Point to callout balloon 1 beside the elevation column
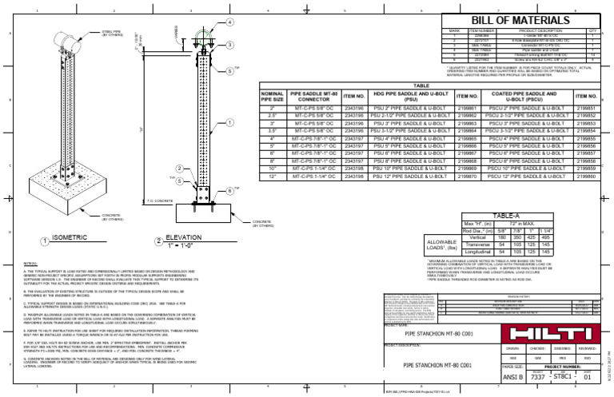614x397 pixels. [x=231, y=122]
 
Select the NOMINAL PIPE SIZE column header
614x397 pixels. [x=272, y=97]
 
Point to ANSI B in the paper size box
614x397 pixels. [x=489, y=377]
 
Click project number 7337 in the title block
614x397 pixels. [x=539, y=377]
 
